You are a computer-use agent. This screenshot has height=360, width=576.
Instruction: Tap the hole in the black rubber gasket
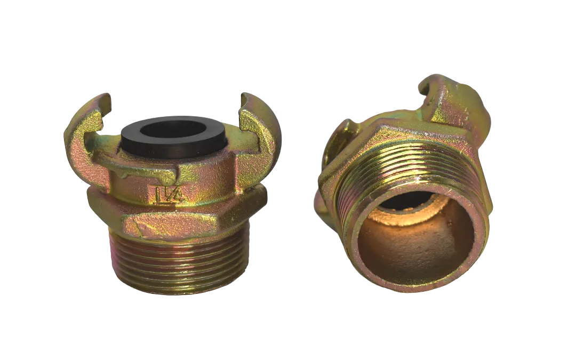coord(174,132)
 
